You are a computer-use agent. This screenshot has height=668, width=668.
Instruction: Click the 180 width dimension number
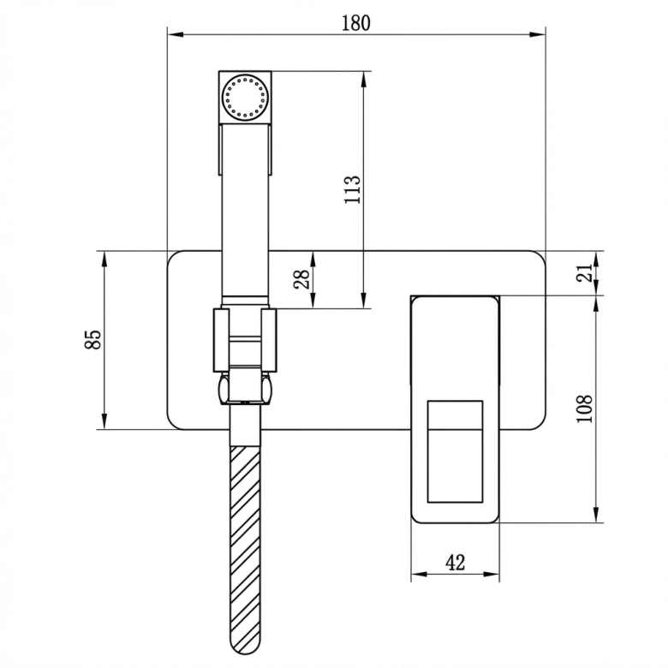pyautogui.click(x=355, y=23)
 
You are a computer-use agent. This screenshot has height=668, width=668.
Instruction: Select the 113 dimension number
pyautogui.click(x=352, y=189)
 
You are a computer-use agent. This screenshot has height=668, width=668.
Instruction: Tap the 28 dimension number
pyautogui.click(x=302, y=279)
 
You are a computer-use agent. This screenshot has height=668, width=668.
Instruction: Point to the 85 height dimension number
pyautogui.click(x=92, y=339)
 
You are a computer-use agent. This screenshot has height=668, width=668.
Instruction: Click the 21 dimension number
pyautogui.click(x=584, y=272)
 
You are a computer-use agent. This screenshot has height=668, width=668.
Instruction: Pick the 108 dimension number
pyautogui.click(x=584, y=409)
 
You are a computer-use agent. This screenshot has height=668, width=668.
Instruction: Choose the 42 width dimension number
pyautogui.click(x=455, y=563)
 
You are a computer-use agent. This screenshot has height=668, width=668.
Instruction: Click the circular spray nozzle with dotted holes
pyautogui.click(x=245, y=97)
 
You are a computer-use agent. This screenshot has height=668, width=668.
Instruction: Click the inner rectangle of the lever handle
pyautogui.click(x=455, y=451)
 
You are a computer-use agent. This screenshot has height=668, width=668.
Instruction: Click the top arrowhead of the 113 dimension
pyautogui.click(x=363, y=80)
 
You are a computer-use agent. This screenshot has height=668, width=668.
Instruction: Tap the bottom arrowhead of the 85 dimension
pyautogui.click(x=104, y=420)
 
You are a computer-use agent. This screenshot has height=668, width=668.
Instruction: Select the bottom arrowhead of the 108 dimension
pyautogui.click(x=596, y=514)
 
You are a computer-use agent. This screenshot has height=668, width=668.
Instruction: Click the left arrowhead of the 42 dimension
pyautogui.click(x=419, y=575)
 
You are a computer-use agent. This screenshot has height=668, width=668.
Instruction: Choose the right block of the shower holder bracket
pyautogui.click(x=269, y=340)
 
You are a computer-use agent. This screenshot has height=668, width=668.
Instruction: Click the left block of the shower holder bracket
pyautogui.click(x=221, y=340)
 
